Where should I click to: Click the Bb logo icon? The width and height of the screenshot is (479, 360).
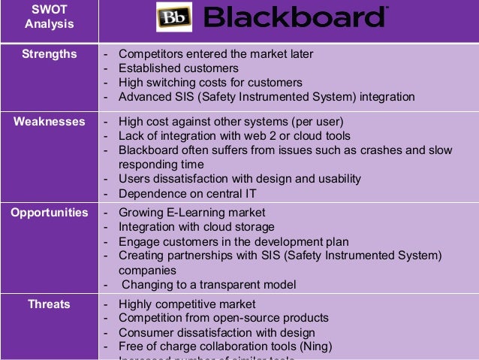174,17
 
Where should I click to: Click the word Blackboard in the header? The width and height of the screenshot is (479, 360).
297,17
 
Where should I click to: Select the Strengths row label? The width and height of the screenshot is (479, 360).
49,54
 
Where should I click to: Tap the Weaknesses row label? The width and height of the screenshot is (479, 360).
49,122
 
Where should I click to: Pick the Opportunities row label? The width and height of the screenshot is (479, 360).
49,213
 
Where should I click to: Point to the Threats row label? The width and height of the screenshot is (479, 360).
49,304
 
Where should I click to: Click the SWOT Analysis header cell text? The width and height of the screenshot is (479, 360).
49,17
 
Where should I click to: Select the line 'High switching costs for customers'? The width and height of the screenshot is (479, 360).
210,83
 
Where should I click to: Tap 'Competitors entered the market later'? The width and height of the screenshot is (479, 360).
215,54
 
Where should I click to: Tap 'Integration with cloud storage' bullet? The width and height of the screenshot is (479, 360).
197,227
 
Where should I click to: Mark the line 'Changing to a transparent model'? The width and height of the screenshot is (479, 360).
209,285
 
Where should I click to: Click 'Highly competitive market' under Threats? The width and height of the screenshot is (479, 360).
187,304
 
